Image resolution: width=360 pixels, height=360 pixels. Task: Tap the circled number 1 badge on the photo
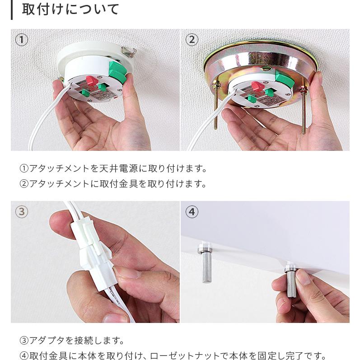coord(22,40)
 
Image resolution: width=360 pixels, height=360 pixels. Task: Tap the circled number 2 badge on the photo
coord(192,40)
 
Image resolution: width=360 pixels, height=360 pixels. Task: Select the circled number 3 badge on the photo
coord(22,211)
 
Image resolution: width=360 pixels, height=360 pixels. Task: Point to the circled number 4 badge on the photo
coord(192,211)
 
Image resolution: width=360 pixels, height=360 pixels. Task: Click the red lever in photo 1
coord(90,81)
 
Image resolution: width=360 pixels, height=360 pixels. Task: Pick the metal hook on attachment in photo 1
coord(129,51)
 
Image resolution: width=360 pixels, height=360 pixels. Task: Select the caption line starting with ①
coord(113,169)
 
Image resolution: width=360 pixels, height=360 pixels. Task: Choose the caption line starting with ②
coord(113,184)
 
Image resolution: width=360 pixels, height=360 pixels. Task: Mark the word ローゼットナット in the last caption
coord(180,355)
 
